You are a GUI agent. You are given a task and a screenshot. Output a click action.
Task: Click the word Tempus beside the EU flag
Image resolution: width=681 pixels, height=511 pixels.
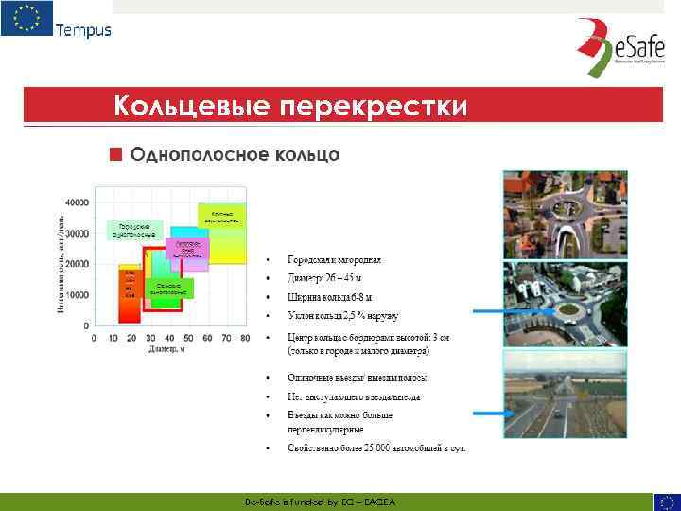(x=83, y=29)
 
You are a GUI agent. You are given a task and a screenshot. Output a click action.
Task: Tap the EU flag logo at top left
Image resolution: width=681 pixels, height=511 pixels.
(x=26, y=18)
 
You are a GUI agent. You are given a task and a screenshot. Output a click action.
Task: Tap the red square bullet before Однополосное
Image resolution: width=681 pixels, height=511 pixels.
(x=115, y=153)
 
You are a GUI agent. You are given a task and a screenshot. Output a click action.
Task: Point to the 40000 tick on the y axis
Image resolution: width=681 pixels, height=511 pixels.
(x=77, y=203)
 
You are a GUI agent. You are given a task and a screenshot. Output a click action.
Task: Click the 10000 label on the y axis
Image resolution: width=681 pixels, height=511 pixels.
(x=77, y=294)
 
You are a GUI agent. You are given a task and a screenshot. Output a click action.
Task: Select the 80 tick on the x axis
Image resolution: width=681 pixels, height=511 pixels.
(x=245, y=338)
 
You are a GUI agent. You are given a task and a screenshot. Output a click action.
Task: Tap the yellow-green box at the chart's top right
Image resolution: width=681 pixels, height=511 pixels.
(x=222, y=217)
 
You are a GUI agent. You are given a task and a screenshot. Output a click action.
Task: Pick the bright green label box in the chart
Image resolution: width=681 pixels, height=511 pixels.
(x=169, y=289)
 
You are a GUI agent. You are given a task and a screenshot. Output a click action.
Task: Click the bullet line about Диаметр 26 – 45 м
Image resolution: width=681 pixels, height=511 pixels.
(x=325, y=278)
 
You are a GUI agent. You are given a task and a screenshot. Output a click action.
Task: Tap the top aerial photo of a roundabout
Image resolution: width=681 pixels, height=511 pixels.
(x=551, y=211)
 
